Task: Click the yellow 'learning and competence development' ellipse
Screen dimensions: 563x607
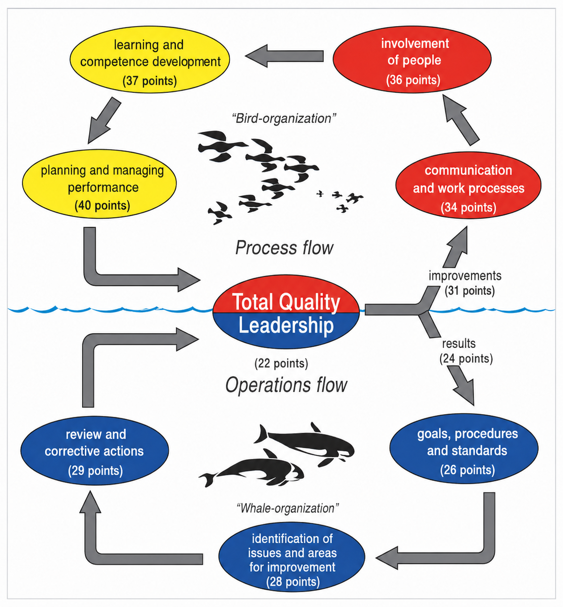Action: pos(150,59)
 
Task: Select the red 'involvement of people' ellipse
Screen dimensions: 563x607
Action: pos(412,59)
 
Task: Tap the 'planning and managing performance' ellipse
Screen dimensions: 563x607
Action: pos(99,184)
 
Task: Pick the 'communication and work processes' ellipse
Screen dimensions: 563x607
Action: pos(468,185)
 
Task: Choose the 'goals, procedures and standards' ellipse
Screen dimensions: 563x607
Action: pos(464,448)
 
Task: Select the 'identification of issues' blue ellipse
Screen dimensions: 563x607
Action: pos(292,557)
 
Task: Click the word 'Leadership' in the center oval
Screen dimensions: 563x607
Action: pos(286,325)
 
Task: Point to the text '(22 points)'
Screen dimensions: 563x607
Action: pos(281,363)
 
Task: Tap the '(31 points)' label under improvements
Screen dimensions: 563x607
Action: pos(470,290)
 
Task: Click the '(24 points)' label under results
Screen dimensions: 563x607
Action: pos(466,358)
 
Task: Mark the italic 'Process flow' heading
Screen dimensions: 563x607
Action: pos(284,247)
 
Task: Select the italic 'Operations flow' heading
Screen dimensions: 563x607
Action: pos(286,385)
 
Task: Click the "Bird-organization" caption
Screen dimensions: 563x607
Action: pos(284,118)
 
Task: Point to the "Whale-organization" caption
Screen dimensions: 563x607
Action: pos(288,508)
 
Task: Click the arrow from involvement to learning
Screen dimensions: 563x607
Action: pos(285,56)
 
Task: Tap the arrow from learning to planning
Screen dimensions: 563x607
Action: pos(104,121)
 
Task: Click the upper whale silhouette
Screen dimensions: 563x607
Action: pos(304,441)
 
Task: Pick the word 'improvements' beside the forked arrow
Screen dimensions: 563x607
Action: pos(465,276)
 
